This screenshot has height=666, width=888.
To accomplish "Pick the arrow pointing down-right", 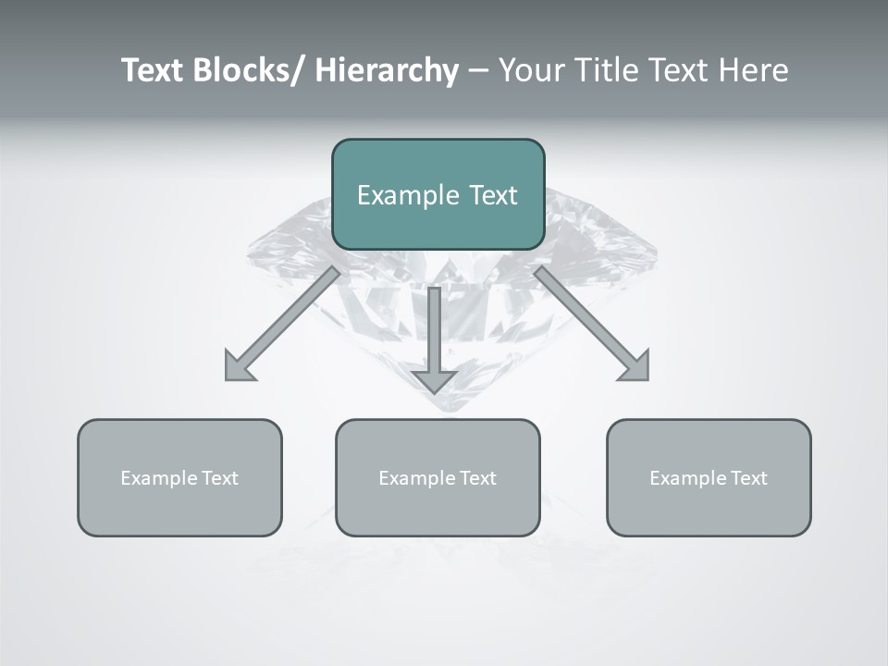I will click(588, 320).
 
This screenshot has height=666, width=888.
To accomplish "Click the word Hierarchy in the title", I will click(387, 71).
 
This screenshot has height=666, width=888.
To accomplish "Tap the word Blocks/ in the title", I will click(249, 71).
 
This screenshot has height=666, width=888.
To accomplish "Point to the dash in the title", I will click(478, 71).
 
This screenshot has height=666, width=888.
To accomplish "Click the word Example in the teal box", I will click(408, 195).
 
